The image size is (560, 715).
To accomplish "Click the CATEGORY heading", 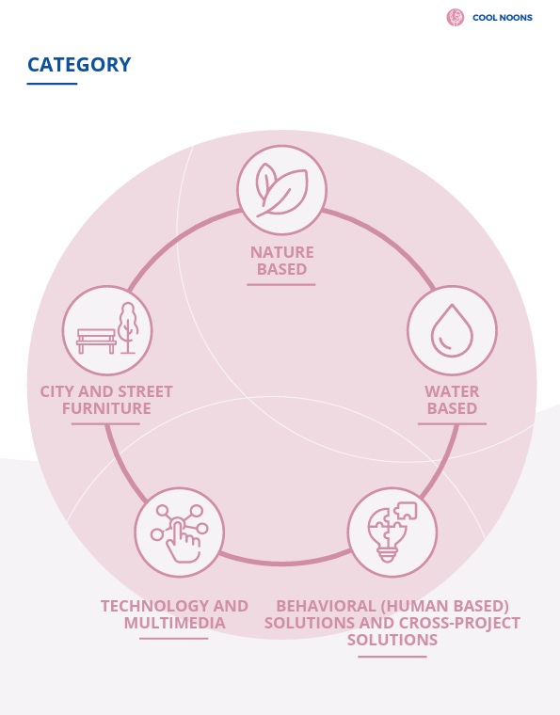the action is click(x=79, y=64).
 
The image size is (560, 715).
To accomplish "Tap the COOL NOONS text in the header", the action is click(x=502, y=18).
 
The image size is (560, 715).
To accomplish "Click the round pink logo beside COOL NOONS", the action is click(x=456, y=17).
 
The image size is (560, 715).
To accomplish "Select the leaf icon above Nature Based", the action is click(x=281, y=190).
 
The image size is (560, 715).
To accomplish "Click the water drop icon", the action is click(x=452, y=330).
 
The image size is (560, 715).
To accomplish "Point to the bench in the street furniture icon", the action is click(x=96, y=342).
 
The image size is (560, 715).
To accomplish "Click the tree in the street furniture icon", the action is click(x=128, y=327).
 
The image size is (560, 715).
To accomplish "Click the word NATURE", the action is click(x=281, y=252).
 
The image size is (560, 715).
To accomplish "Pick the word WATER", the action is click(x=452, y=391).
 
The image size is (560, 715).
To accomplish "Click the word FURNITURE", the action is click(x=106, y=408).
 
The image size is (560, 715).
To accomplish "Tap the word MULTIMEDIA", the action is click(x=175, y=623).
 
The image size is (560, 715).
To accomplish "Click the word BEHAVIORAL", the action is click(x=326, y=606).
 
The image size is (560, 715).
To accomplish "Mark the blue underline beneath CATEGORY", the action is click(x=52, y=84).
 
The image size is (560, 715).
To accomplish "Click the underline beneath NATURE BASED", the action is click(x=280, y=284).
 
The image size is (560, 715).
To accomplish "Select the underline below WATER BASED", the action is click(x=452, y=423).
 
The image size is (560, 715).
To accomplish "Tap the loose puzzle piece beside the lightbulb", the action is click(x=406, y=511).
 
